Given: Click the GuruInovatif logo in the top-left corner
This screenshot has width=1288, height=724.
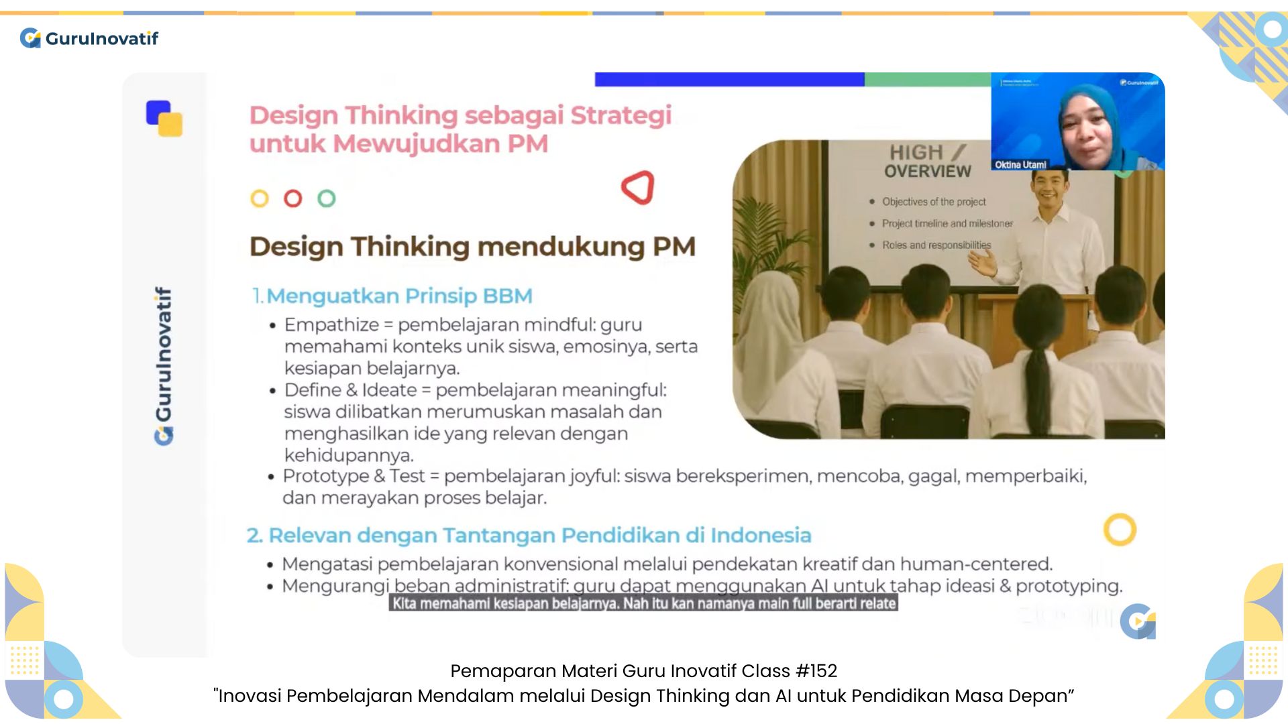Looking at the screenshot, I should (89, 38).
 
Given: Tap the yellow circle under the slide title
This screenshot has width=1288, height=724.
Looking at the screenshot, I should (260, 198).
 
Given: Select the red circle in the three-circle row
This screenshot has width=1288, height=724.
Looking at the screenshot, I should (293, 198).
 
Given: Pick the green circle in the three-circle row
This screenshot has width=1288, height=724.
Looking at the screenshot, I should (327, 198).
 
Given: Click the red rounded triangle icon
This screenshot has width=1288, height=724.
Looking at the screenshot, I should (638, 188).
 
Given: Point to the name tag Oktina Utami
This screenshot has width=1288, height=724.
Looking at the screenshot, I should (1020, 164).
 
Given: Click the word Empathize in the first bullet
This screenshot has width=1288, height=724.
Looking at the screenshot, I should (331, 325).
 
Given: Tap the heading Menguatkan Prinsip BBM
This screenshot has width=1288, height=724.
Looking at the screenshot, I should (399, 296).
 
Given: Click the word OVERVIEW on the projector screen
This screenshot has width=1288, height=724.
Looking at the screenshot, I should (927, 172).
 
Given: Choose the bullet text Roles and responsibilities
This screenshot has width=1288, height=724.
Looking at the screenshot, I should (936, 245).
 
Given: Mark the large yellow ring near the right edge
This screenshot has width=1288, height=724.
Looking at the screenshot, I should (1120, 530).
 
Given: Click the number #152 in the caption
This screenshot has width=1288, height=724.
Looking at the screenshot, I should (816, 671).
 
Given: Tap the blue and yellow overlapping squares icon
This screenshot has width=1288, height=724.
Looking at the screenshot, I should (164, 119).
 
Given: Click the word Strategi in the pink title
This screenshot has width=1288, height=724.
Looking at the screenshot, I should (621, 115).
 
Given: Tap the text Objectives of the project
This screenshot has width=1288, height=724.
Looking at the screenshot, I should (934, 202).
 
